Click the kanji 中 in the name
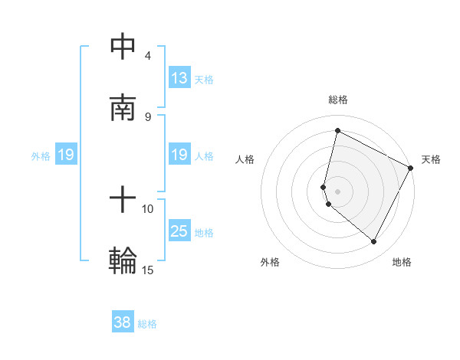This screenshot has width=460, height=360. click(x=123, y=47)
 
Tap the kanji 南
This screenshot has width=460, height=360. click(x=123, y=107)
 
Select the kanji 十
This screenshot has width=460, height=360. click(x=123, y=201)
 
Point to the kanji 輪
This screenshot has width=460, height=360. click(x=123, y=260)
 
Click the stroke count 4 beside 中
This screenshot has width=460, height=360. click(x=147, y=56)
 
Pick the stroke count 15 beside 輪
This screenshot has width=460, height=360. click(x=147, y=270)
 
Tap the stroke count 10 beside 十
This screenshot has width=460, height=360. click(x=147, y=208)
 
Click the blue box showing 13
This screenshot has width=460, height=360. click(x=179, y=78)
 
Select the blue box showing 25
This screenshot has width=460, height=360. click(x=179, y=231)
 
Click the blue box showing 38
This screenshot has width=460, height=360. click(x=122, y=322)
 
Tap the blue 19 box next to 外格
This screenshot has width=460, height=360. click(x=66, y=155)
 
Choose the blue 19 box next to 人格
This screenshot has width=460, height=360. click(x=179, y=155)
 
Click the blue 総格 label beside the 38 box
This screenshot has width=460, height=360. click(x=147, y=324)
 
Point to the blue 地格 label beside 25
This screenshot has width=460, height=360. click(x=204, y=233)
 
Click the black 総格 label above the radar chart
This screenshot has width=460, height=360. click(x=338, y=100)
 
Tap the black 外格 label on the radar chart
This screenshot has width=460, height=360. click(x=270, y=262)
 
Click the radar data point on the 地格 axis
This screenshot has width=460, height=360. click(x=373, y=242)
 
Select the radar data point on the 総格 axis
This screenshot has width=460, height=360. click(x=337, y=130)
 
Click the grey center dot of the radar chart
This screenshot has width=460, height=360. click(x=337, y=191)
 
